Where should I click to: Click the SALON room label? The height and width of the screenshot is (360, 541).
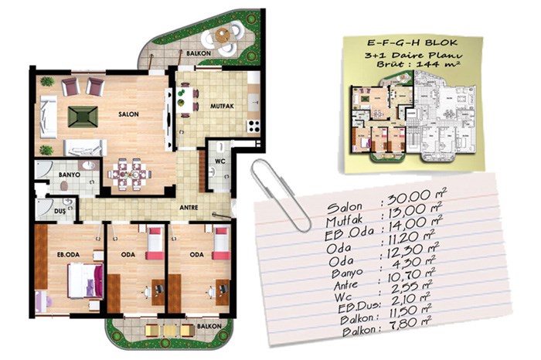128,114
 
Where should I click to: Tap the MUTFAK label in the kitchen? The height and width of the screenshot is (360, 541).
222,106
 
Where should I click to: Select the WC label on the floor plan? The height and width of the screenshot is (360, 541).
220,161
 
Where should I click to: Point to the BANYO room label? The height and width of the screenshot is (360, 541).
70,175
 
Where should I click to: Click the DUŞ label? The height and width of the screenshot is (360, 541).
60,212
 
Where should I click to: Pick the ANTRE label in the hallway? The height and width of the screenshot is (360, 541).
189,208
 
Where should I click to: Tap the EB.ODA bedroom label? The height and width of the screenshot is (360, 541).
68,255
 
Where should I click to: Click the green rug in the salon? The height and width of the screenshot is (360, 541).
83,117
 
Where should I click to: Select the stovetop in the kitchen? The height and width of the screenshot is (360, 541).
253,126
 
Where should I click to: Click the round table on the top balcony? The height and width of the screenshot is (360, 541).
223,36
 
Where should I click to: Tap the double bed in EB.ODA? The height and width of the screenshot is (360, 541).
86,280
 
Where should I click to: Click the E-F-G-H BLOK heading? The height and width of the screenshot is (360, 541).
412,42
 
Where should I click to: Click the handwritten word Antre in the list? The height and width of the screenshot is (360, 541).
345,286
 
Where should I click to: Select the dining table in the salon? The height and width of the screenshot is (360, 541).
129,174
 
